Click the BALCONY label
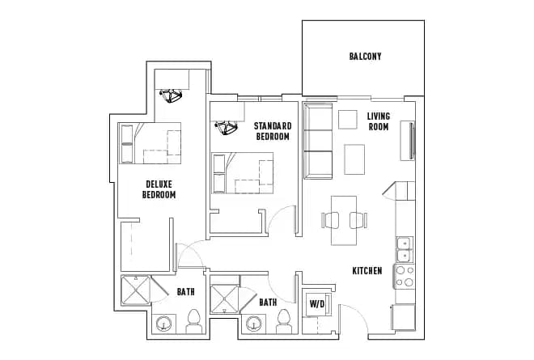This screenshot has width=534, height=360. click(x=365, y=57)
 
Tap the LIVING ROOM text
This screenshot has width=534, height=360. click(x=378, y=121)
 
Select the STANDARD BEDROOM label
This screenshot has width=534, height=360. click(x=272, y=131)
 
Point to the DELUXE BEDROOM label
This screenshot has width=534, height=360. click(x=159, y=189)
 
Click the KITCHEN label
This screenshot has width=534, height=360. click(x=367, y=270)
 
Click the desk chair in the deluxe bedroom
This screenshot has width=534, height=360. click(x=171, y=95)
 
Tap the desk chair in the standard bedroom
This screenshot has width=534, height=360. click(x=225, y=127)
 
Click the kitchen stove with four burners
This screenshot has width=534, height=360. click(x=404, y=277)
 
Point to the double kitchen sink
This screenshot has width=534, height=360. click(x=403, y=244)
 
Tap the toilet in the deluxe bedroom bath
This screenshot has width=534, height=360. click(x=193, y=322)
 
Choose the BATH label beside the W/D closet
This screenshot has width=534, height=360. click(x=268, y=302)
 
